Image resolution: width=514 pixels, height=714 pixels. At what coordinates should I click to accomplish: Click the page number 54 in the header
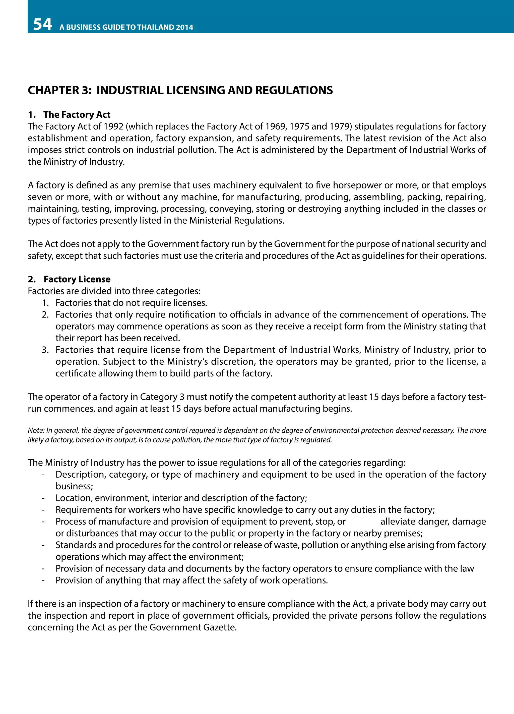(x=42, y=25)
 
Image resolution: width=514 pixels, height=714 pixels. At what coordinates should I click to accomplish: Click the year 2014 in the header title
(x=184, y=27)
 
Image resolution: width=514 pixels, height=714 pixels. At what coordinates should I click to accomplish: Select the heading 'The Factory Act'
(x=77, y=115)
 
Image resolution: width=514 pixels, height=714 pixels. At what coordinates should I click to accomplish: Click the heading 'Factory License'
(x=77, y=279)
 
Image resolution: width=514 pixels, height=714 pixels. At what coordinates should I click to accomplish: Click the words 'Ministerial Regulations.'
(x=237, y=220)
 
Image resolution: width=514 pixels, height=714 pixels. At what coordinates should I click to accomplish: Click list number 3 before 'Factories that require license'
(x=45, y=350)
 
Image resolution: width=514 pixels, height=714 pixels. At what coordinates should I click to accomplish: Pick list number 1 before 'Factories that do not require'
(x=45, y=303)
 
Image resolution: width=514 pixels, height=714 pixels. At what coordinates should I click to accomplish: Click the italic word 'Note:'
(x=36, y=430)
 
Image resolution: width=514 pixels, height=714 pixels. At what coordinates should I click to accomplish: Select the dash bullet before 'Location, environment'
(x=43, y=498)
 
